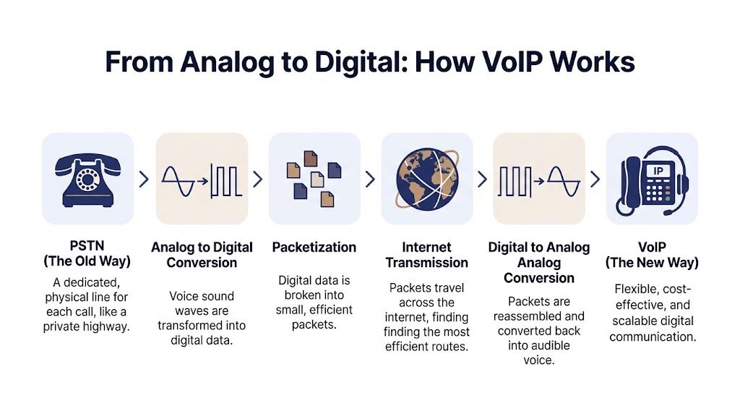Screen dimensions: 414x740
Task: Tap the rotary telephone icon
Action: [x=87, y=178]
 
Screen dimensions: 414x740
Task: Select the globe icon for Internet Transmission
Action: [x=426, y=178]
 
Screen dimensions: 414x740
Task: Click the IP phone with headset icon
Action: [x=652, y=179]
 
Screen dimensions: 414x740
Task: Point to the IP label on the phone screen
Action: [x=658, y=171]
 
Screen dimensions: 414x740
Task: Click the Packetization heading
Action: [x=314, y=248]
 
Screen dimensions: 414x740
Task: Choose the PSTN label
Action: [x=87, y=248]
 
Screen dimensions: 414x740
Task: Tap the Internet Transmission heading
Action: [x=426, y=255]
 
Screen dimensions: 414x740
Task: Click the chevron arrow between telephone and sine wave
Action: [x=144, y=179]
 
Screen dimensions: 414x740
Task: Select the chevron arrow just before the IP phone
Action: [x=595, y=179]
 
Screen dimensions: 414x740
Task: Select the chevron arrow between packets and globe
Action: [x=370, y=179]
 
